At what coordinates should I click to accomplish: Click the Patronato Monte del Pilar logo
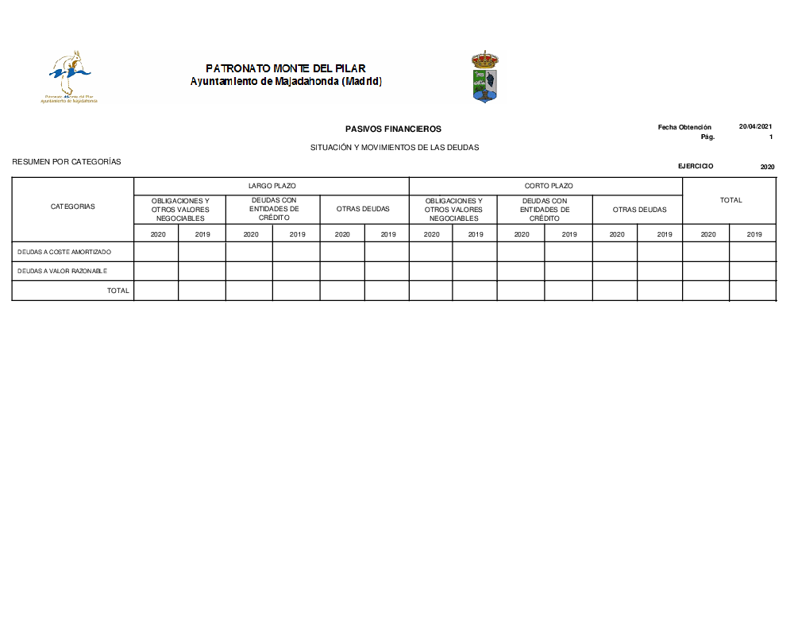tap(71, 77)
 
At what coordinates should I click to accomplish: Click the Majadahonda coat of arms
tap(484, 77)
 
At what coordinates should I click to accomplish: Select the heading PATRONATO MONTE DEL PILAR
tap(286, 68)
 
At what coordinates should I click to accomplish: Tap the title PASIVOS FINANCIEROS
tap(393, 129)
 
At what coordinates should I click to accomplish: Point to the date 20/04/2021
tap(755, 127)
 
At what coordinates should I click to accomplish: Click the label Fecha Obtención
tap(684, 127)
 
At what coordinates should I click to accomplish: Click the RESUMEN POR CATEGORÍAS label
tap(67, 162)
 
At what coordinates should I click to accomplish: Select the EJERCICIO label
tap(696, 166)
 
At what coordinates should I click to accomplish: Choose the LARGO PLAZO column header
tap(272, 186)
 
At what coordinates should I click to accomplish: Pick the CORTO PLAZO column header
tap(548, 186)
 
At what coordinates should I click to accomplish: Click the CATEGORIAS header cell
tap(72, 206)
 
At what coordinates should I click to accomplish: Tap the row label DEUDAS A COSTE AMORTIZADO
tap(64, 252)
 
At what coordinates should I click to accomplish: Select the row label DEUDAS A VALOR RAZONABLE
tap(62, 271)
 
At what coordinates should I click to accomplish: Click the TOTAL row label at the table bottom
tap(118, 291)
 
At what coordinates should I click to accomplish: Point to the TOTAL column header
tap(730, 200)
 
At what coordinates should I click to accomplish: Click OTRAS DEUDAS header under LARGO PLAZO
tap(363, 209)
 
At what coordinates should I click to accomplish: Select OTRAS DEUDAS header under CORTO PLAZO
tap(639, 210)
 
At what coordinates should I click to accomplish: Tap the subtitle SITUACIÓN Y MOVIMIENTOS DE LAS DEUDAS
tap(395, 148)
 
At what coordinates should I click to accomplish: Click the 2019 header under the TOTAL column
tap(754, 234)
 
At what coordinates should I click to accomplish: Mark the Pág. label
tap(707, 137)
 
